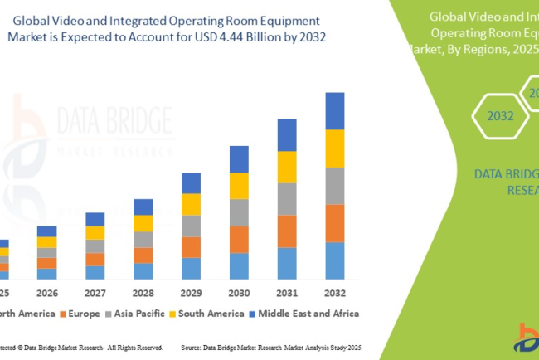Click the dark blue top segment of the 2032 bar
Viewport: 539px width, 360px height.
tap(334, 111)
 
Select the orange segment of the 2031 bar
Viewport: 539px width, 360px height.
tap(286, 231)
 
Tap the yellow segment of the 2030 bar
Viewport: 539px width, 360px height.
tap(238, 186)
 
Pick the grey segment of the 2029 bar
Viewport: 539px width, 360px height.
tap(191, 226)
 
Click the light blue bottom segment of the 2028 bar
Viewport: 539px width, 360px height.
tap(143, 271)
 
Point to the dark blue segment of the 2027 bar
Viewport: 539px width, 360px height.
tap(95, 219)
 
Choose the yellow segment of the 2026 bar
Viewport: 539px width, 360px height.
tap(47, 242)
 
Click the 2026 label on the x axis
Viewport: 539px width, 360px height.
tap(47, 293)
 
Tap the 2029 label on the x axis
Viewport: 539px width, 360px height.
tap(191, 293)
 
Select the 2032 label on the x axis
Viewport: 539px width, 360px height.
tap(334, 293)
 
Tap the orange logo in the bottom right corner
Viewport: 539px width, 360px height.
tap(527, 338)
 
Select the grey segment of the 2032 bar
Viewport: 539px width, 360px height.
tap(334, 186)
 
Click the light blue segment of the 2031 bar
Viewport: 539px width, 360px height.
tap(286, 263)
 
